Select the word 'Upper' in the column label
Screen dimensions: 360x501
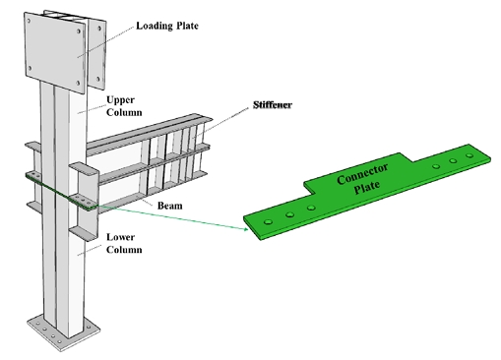pyautogui.click(x=120, y=99)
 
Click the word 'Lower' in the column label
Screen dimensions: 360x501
pyautogui.click(x=121, y=237)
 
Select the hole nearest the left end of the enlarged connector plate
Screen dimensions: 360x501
pyautogui.click(x=270, y=221)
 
